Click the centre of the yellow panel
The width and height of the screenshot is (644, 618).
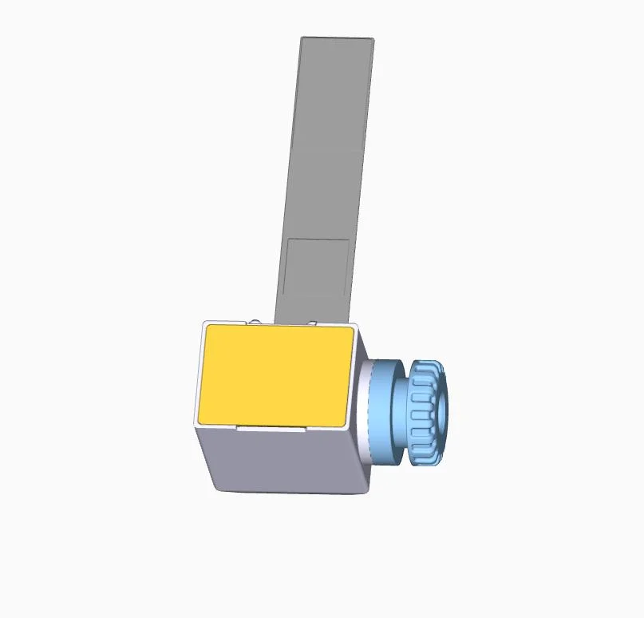pyautogui.click(x=275, y=374)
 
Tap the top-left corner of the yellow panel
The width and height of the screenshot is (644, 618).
pyautogui.click(x=207, y=327)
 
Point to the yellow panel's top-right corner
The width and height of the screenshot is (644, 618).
pyautogui.click(x=352, y=328)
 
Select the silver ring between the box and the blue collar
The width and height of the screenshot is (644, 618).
pyautogui.click(x=365, y=411)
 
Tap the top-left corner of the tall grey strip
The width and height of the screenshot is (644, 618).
pyautogui.click(x=302, y=38)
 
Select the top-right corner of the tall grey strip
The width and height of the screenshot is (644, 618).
pyautogui.click(x=373, y=39)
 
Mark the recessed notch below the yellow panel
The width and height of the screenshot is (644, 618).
pyautogui.click(x=271, y=427)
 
